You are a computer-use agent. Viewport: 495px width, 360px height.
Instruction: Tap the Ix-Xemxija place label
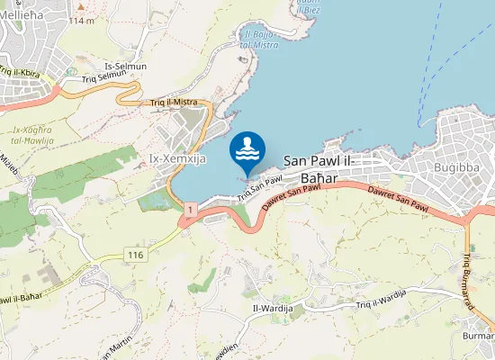[x=177, y=159]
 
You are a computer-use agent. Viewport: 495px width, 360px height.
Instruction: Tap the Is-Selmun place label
[x=125, y=66]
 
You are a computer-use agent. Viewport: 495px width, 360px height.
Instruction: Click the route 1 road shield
[x=191, y=209]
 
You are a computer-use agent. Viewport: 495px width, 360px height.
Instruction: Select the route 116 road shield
[x=135, y=256]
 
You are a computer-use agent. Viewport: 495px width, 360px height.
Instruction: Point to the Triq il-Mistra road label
[x=174, y=102]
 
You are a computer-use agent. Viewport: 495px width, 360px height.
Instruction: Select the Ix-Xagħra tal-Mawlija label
[x=31, y=134]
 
